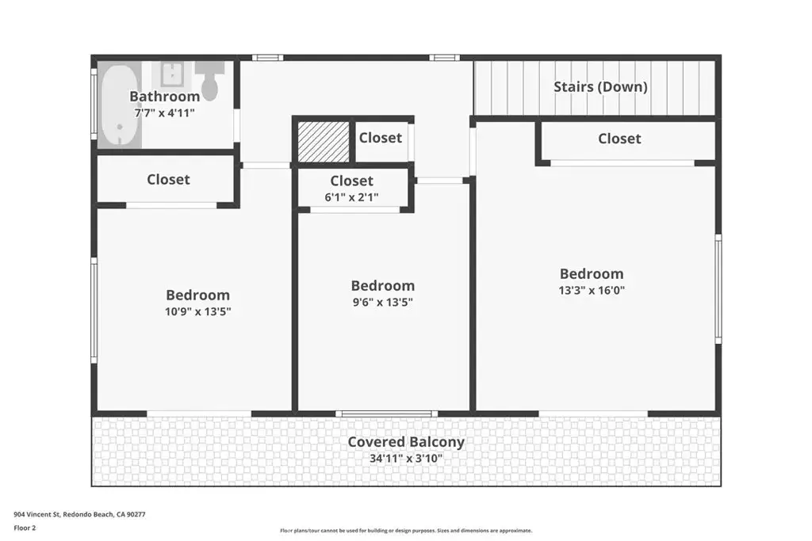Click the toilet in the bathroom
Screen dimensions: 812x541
[210, 82]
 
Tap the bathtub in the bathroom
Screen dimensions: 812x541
[120, 105]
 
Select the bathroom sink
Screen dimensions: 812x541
[171, 74]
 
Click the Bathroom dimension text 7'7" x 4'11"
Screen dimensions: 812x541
[165, 112]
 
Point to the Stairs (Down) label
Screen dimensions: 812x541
[601, 87]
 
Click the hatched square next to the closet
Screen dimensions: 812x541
[324, 142]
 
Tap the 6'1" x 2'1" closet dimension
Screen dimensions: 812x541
[351, 197]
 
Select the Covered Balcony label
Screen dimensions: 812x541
[406, 442]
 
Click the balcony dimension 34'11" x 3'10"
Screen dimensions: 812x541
[406, 459]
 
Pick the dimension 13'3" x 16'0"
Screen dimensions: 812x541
[592, 291]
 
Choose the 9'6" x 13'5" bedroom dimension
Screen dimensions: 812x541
[383, 303]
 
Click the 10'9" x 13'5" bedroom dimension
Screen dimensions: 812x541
[197, 312]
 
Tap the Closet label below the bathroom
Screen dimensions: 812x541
[168, 180]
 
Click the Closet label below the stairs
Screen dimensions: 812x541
[619, 139]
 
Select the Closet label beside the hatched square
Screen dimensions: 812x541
[381, 138]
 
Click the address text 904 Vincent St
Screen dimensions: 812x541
[37, 515]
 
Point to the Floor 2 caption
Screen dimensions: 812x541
[25, 528]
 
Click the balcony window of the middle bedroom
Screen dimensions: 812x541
[386, 413]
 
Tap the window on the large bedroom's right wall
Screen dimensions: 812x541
[718, 288]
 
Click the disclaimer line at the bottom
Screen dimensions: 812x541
[406, 531]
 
